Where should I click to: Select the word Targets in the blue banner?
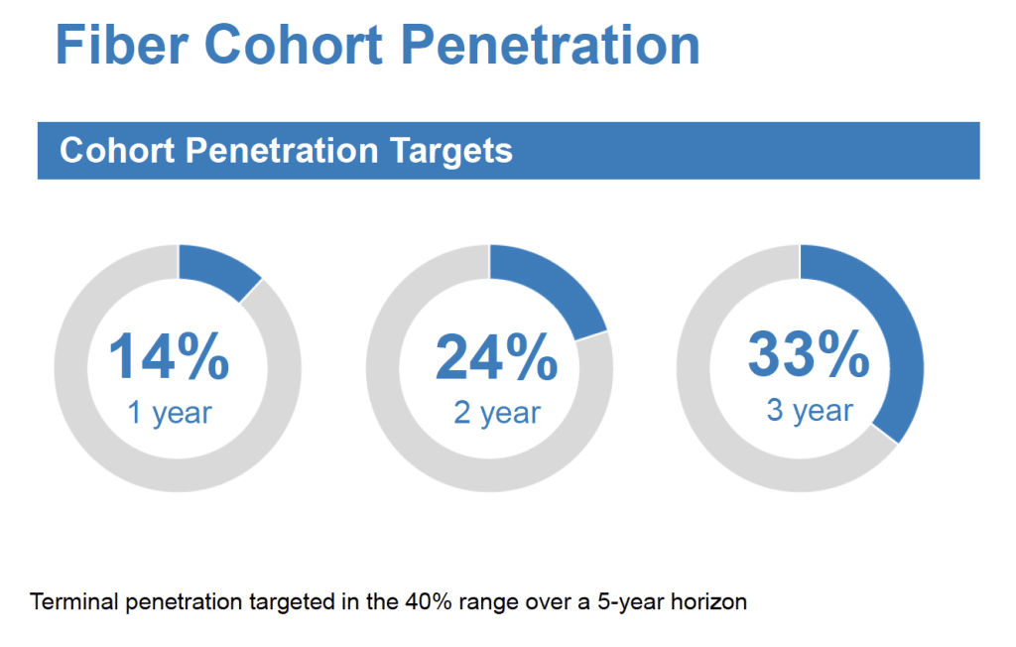pos(451,151)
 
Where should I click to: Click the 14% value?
pos(169,355)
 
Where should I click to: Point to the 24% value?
pos(497,356)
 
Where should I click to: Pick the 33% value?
pos(809,353)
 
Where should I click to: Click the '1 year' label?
pos(170,413)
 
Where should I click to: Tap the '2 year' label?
pos(497,413)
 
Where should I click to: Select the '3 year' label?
pos(810,411)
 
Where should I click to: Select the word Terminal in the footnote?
pos(74,601)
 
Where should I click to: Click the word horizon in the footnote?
pos(708,601)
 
